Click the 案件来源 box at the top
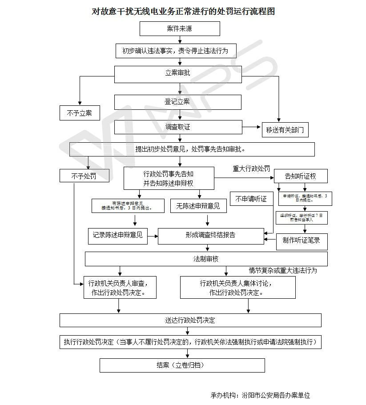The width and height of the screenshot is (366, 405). pos(180,29)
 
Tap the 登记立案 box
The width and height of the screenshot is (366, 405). pos(177,102)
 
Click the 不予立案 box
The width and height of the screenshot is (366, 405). pos(80,113)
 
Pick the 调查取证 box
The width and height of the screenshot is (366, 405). pos(178,127)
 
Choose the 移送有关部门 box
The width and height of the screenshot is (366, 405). pos(285,129)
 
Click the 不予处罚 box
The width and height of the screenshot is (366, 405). pos(84,176)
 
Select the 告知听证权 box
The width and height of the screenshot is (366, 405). pos(301,176)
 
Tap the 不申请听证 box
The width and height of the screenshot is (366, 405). pos(251,199)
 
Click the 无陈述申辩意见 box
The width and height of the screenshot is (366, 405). pos(198,206)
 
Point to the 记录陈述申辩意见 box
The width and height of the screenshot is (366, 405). pos(118,235)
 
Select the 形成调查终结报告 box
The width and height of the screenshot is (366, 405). pos(211,236)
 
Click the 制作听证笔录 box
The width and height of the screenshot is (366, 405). pos(302,241)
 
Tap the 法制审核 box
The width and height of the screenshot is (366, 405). pos(206,259)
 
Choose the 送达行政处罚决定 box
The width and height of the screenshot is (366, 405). pos(190,320)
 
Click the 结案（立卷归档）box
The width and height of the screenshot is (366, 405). pos(182,365)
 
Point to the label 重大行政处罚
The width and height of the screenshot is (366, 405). pos(251,168)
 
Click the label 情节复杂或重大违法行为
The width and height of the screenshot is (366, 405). pos(283,270)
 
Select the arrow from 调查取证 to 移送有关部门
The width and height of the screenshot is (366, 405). pos(252,127)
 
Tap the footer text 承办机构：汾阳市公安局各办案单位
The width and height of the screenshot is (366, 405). pos(260,395)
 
